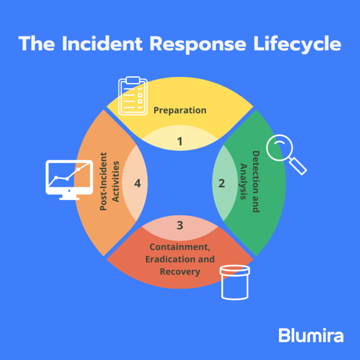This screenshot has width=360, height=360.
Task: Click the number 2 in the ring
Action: tap(222, 183)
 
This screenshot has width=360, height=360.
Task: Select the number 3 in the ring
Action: tap(180, 225)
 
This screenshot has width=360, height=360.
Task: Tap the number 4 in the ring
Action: tap(137, 183)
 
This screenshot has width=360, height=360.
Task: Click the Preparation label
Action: tap(180, 111)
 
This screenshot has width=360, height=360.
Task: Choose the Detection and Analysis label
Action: tap(249, 182)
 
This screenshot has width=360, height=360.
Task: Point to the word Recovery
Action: tap(180, 271)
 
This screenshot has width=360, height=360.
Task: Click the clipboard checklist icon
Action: tap(133, 96)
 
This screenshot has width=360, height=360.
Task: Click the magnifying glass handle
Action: tap(298, 166)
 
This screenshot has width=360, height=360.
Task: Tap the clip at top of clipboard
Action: tap(133, 79)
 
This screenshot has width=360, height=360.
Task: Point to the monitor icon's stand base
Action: tap(69, 198)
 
